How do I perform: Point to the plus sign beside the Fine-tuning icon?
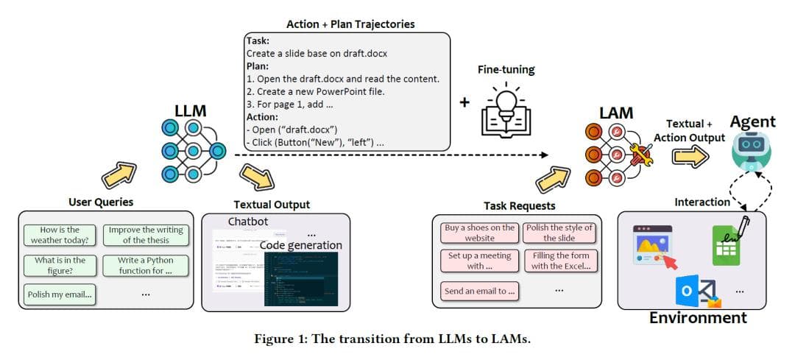[464, 102]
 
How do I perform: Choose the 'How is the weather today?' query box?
[60, 235]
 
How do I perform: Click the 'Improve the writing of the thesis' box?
[144, 235]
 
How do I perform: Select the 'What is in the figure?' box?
[60, 265]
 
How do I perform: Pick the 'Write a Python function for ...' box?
[144, 265]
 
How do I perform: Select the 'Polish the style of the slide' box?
[560, 233]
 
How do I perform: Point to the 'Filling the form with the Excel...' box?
[560, 261]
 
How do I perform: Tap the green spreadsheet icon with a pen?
[728, 241]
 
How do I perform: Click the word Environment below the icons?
[698, 318]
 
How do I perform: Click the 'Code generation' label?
[301, 245]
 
